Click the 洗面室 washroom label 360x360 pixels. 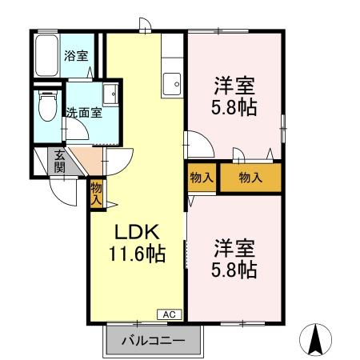[x=83, y=113]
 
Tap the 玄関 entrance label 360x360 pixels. [x=59, y=161]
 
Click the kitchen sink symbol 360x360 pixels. [x=171, y=82]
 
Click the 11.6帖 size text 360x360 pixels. [x=138, y=254]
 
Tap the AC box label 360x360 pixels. [x=170, y=314]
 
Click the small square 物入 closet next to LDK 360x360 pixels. [x=202, y=178]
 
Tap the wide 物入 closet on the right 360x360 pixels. [x=250, y=178]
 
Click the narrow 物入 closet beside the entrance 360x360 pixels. [x=96, y=194]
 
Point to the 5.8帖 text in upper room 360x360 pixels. [x=234, y=107]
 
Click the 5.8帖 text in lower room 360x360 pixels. [x=234, y=270]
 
